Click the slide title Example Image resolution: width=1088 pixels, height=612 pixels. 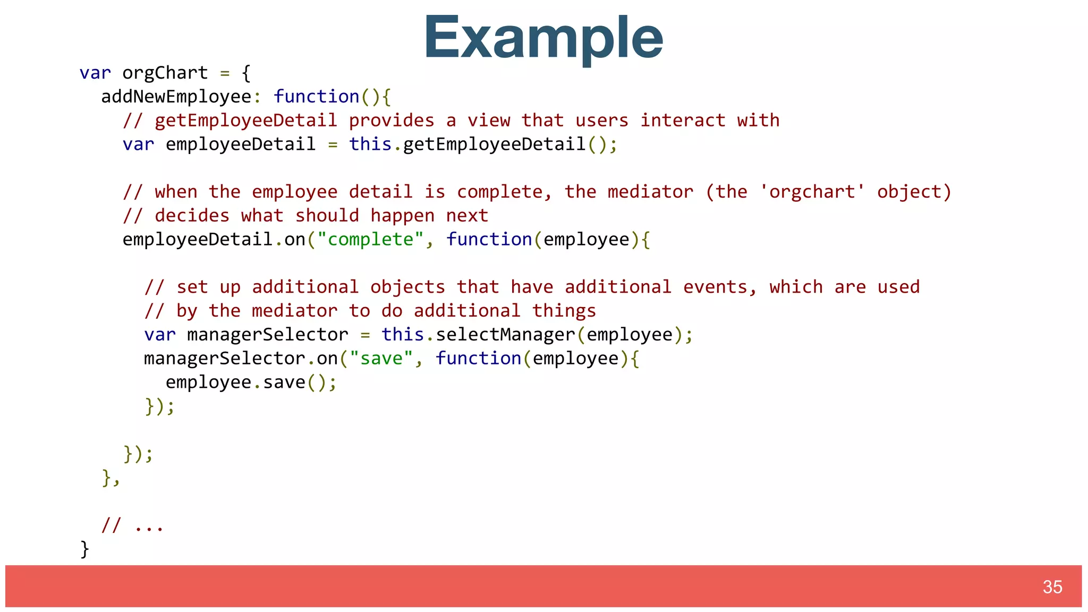coord(543,37)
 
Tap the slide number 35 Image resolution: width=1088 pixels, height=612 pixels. coord(1052,587)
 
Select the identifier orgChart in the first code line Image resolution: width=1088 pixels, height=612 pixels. coord(165,73)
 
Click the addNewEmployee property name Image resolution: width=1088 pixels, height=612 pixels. coord(176,97)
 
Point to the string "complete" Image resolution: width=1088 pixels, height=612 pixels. coord(370,240)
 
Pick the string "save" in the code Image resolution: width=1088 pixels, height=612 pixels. coord(381,359)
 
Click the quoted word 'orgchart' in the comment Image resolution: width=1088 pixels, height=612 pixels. coord(812,192)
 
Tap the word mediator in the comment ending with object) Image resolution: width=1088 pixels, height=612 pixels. coord(650,192)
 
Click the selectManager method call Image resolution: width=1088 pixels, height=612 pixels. coord(505,335)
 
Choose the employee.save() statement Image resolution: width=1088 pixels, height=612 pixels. coord(251,382)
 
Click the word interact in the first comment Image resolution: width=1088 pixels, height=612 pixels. coord(683,121)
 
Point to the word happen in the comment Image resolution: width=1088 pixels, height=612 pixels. coord(402,216)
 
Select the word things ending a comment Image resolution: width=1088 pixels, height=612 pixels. coord(564,311)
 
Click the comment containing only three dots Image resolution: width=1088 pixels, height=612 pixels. coord(133,525)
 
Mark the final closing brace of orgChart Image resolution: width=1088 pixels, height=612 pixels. coord(84,549)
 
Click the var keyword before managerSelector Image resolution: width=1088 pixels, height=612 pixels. coord(159,335)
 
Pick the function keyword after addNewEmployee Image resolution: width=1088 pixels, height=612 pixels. coord(316,97)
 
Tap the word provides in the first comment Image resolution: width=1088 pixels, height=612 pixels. coord(392,121)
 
